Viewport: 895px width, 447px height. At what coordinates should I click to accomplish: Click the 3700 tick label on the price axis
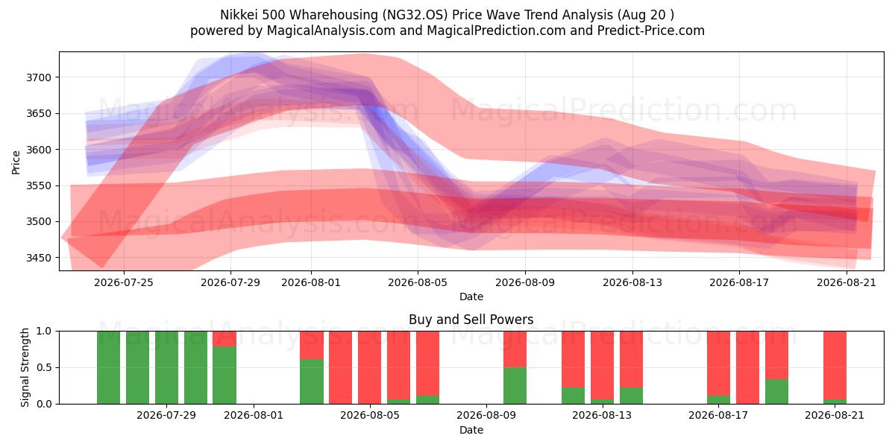tap(39, 77)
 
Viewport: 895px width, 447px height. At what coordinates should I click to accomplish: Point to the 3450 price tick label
tap(39, 258)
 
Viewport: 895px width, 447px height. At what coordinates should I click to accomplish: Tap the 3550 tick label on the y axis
tap(39, 186)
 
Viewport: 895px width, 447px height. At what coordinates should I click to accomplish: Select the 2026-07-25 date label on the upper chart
tap(124, 282)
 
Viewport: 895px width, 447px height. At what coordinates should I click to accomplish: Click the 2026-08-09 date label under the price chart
tap(525, 282)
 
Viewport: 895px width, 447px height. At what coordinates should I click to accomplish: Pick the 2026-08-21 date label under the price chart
tap(847, 282)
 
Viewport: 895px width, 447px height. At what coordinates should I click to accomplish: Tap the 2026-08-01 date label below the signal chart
tap(254, 415)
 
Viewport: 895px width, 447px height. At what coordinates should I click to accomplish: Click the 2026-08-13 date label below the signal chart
tap(602, 415)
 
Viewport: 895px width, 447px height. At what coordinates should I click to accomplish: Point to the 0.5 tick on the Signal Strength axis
tap(44, 367)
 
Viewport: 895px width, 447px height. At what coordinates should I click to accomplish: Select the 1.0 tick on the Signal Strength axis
tap(44, 331)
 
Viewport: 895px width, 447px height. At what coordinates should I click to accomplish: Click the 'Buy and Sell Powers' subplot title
tap(471, 320)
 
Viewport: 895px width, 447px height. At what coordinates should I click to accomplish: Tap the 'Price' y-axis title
tap(16, 162)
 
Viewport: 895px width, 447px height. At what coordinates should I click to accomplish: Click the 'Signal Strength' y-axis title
tap(25, 367)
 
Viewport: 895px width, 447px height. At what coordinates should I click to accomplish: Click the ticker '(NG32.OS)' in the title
tap(415, 15)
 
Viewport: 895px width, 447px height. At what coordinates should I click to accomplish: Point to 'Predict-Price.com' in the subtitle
tap(651, 31)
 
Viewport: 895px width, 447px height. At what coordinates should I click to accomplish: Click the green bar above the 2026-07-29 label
tap(166, 367)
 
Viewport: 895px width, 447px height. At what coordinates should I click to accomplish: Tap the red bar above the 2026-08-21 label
tap(835, 365)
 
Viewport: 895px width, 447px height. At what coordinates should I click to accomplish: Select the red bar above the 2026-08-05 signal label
tap(370, 367)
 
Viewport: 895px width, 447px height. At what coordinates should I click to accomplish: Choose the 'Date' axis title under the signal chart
tap(471, 430)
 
